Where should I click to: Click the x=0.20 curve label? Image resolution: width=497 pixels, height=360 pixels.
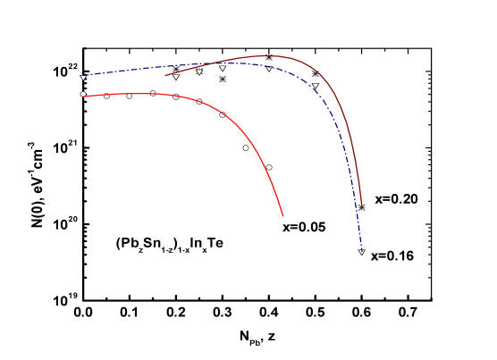[x=397, y=199]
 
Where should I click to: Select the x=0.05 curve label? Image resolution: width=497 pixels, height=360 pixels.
[x=304, y=227]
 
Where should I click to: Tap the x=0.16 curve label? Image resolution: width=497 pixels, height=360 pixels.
[x=392, y=255]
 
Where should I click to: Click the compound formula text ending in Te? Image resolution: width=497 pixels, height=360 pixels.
[x=169, y=244]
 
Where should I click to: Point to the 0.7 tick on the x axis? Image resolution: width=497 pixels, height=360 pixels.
[x=408, y=312]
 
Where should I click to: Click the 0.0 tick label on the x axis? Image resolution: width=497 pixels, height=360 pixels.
[x=83, y=312]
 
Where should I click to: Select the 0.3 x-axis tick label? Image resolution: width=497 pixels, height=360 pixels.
[x=223, y=312]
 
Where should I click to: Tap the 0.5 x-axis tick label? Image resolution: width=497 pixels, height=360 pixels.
[x=315, y=312]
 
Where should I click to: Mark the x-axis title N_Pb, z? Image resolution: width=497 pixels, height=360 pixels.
[x=257, y=337]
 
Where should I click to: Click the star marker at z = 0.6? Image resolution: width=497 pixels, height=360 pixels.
[x=362, y=207]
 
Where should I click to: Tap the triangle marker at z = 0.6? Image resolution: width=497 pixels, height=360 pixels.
[x=362, y=252]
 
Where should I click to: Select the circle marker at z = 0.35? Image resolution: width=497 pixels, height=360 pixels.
[x=246, y=148]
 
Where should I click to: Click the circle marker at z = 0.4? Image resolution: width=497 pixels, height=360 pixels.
[x=269, y=167]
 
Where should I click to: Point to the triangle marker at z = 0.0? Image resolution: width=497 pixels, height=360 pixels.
[x=83, y=78]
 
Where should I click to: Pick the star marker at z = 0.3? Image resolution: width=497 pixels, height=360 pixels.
[x=223, y=79]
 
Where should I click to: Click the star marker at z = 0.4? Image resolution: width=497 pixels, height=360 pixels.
[x=269, y=57]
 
